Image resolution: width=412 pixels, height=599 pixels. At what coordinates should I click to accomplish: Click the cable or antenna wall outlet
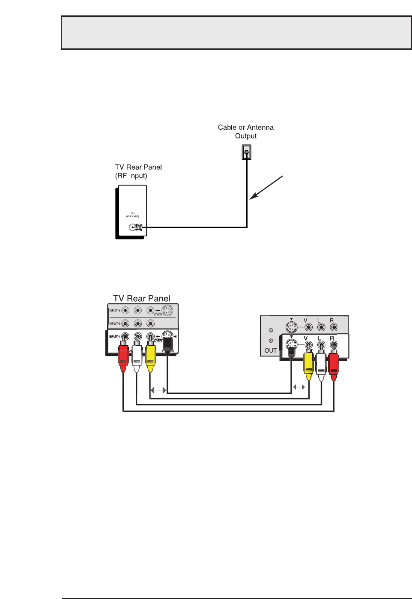coord(246,152)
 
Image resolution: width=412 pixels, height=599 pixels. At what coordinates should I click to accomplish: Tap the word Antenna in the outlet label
coord(260,127)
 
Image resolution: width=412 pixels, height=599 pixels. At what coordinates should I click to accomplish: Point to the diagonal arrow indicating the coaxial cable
coord(266,188)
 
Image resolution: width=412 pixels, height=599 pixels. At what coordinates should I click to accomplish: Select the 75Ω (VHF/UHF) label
coord(133,215)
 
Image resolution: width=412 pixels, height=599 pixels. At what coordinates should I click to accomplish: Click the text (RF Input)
coord(131,176)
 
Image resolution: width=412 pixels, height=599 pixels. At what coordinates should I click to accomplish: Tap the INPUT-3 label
coord(114,311)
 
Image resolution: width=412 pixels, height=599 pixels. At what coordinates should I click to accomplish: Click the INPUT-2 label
coord(114,323)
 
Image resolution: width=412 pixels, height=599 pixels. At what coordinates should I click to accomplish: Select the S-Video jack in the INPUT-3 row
coord(167,310)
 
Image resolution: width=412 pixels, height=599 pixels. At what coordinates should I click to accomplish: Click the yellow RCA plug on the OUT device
coord(308,364)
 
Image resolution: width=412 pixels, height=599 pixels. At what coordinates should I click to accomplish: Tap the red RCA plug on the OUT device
coord(334,364)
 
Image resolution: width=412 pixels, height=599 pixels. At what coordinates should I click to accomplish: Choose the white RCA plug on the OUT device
coord(321,364)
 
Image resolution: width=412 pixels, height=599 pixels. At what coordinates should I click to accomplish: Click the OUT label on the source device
coord(271,350)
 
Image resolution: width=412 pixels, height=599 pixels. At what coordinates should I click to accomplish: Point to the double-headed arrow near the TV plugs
coord(158,390)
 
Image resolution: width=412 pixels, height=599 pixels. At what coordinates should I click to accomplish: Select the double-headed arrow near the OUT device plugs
coord(299,387)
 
